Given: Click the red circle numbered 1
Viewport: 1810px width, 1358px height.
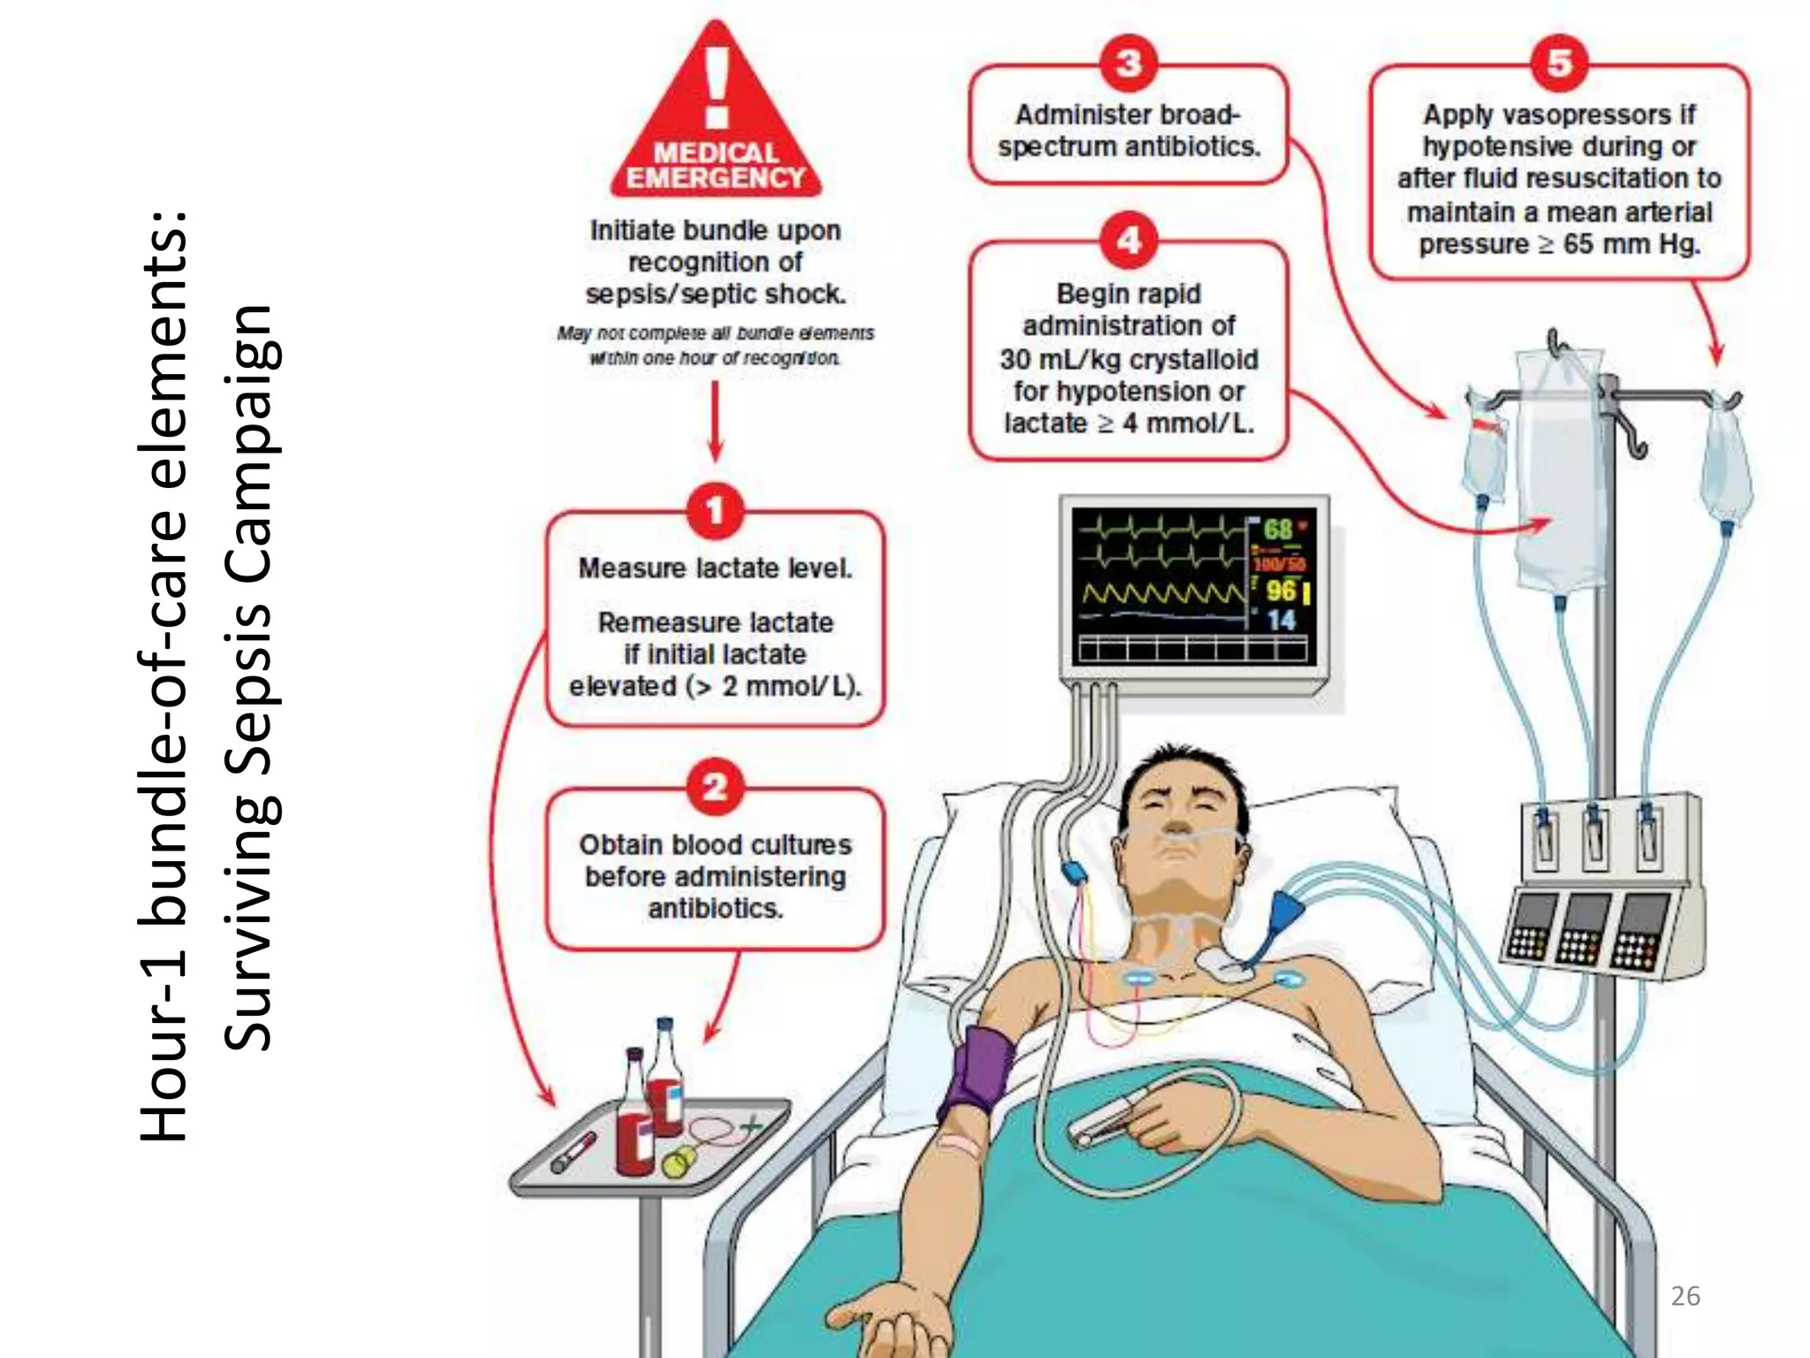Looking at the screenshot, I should pos(715,510).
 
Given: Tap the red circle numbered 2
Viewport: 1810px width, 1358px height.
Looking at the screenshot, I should pos(715,786).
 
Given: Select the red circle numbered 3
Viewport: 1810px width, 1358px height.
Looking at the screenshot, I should pos(1129,64).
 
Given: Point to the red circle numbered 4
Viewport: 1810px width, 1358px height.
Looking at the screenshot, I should pos(1129,240).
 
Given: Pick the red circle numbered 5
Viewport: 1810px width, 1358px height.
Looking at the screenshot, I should pos(1559,63).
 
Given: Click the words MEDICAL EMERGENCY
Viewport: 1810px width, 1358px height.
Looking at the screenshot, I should pos(716,165).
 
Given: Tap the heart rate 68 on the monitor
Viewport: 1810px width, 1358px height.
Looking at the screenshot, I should pos(1278,529).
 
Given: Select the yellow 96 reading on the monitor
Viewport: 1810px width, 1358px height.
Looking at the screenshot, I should pos(1281,591).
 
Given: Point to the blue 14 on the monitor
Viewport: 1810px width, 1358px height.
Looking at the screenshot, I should pos(1281,620).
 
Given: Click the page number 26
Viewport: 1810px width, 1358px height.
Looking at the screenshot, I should pos(1685,1296).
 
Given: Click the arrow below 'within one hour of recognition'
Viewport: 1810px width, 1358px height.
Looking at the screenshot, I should pos(715,421).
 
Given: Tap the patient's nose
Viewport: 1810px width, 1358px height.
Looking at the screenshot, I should pos(1175,827).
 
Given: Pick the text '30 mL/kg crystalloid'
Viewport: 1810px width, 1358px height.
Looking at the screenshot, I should pos(1129,359).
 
